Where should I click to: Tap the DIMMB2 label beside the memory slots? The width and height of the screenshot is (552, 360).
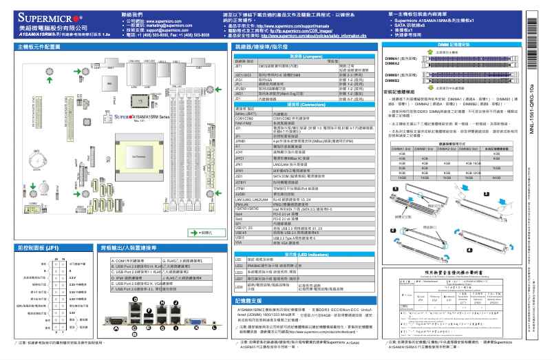coord(392,81)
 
